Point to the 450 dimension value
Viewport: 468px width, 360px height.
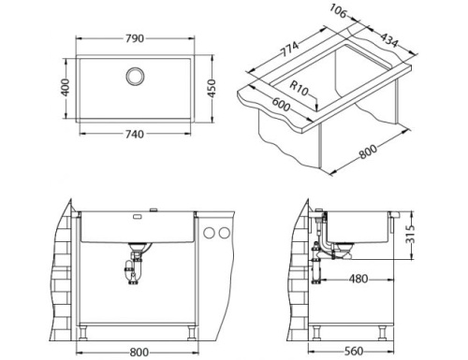212,87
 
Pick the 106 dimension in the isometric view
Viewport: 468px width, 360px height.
339,13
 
